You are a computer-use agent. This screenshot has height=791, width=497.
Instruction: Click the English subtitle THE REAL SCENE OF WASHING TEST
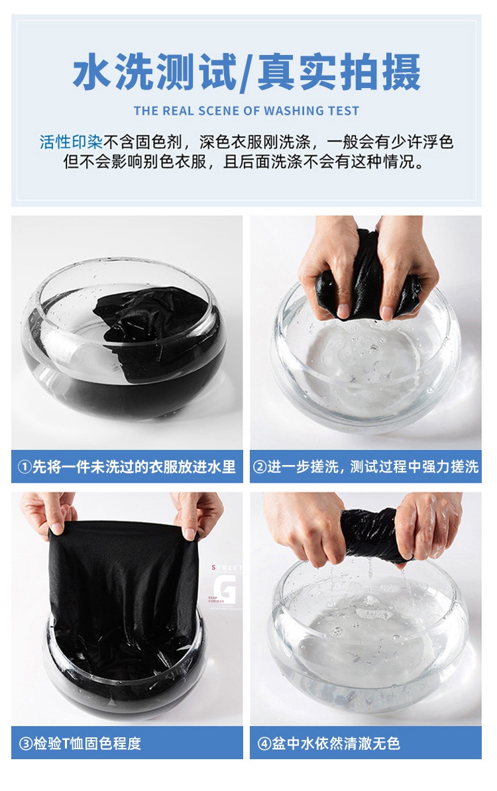pos(247,111)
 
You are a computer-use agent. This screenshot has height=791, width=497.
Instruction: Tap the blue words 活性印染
pos(71,142)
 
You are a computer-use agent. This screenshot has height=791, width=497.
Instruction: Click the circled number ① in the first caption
pos(25,467)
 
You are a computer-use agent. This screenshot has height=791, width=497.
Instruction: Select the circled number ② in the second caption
pos(259,467)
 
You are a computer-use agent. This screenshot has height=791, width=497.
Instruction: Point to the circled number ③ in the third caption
pos(26,743)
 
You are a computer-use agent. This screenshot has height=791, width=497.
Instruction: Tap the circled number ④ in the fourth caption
pos(264,743)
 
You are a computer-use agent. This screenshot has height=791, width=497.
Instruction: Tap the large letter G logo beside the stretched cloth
pos(224,588)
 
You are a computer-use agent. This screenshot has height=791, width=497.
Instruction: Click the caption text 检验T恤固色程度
pos(87,743)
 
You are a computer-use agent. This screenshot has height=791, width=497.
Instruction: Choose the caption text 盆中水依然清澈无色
pos(335,743)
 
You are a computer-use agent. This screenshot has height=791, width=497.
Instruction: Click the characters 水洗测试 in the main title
pos(154,72)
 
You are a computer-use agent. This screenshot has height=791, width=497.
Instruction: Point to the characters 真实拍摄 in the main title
pos(339,72)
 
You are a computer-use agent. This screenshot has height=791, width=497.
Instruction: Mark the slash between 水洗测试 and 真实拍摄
pos(247,73)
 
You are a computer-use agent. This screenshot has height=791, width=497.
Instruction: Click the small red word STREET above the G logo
pos(227,568)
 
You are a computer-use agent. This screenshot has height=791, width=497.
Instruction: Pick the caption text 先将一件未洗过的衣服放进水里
pos(135,467)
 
